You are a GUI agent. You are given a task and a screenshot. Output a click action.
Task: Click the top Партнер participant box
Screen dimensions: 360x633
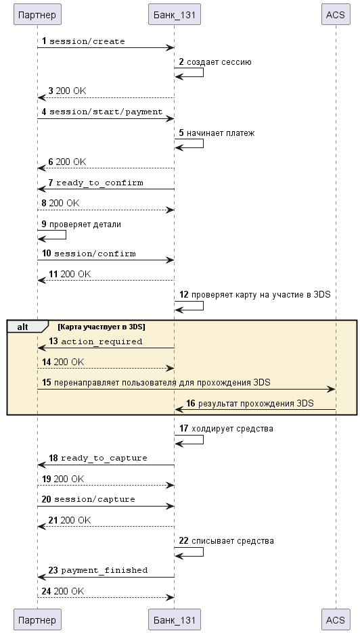(x=37, y=14)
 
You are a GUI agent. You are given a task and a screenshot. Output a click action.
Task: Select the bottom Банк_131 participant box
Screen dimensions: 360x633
(x=174, y=619)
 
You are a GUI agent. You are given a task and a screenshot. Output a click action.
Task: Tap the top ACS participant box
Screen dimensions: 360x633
(x=336, y=14)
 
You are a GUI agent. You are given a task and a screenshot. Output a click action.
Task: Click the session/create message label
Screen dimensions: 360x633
(x=87, y=41)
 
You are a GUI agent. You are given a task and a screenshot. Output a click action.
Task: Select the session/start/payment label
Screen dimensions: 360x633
(x=106, y=112)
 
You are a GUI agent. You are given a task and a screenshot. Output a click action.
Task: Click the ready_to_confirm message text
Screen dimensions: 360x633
(x=99, y=183)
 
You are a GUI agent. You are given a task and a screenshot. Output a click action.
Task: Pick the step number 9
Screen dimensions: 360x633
(x=44, y=224)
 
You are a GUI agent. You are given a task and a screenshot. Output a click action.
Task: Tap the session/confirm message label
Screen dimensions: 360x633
(x=95, y=254)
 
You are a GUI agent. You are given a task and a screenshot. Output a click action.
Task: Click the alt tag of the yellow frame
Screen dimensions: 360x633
(x=23, y=327)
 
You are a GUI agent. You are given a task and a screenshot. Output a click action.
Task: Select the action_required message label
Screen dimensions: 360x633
(x=102, y=342)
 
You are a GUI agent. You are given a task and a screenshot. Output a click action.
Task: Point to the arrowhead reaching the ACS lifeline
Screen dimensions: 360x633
(x=332, y=389)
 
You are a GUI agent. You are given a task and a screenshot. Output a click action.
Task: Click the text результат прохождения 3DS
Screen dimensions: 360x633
(x=255, y=403)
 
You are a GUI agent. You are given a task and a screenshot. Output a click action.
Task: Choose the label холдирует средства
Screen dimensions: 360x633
(x=232, y=428)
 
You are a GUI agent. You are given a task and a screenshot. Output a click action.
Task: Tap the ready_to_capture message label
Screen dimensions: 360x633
(x=104, y=459)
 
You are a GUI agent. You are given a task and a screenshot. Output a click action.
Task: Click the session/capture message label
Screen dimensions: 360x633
(x=95, y=499)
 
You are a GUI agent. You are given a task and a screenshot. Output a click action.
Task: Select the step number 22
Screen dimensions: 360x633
(x=184, y=540)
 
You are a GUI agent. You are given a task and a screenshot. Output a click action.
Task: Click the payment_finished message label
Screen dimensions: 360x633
(x=104, y=570)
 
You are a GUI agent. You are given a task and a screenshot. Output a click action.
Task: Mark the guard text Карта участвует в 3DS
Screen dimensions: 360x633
(x=102, y=327)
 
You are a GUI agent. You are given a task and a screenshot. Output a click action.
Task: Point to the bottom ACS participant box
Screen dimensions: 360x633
(x=336, y=619)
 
